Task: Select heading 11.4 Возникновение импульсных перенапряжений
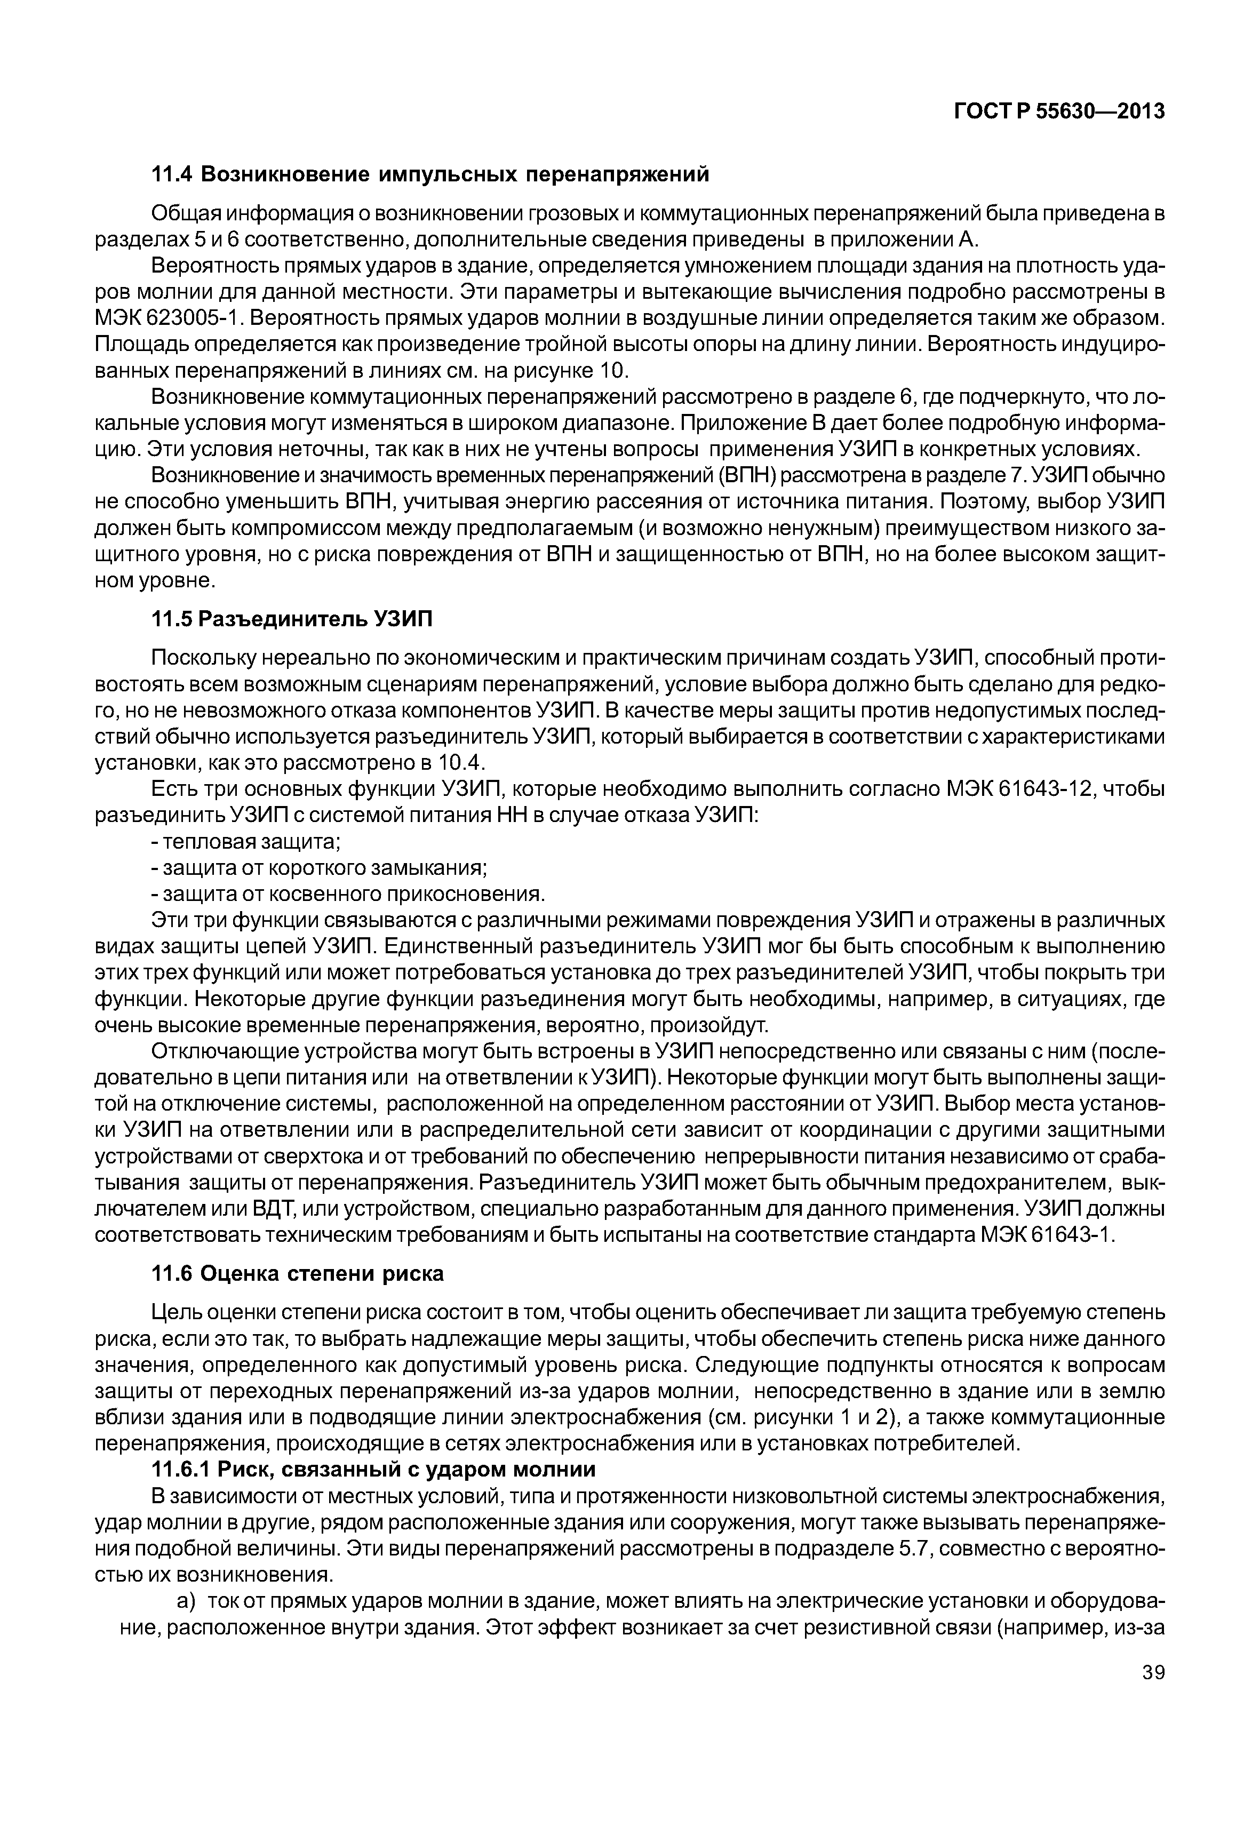click(430, 174)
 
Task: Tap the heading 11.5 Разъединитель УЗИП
click(292, 620)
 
